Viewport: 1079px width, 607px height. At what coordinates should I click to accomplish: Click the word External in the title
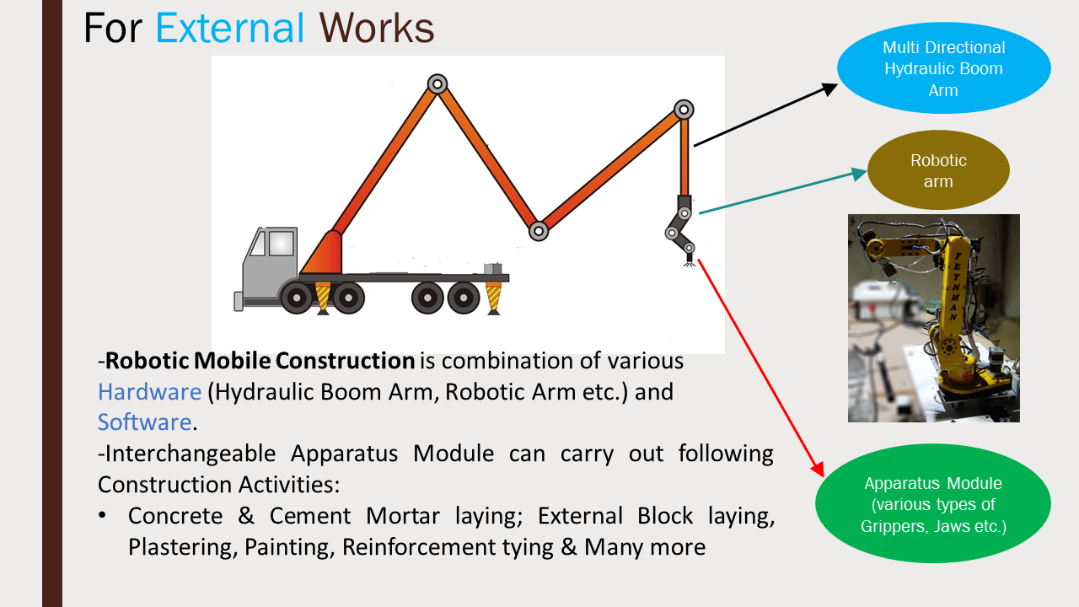pos(230,29)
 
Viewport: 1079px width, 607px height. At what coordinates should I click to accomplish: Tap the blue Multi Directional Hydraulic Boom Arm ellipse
pos(943,68)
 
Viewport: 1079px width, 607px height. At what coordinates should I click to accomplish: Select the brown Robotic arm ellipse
pos(938,170)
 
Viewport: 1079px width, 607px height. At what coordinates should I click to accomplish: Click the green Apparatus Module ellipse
pos(933,503)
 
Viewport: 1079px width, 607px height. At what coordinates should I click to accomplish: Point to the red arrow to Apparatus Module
pos(761,368)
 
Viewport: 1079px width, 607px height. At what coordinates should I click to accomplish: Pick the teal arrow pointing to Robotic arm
pos(783,191)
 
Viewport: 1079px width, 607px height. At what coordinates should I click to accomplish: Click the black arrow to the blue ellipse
pos(765,115)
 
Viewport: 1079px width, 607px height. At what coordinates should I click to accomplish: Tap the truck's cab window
pos(281,243)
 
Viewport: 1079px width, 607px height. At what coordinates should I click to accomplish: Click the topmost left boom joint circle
pos(438,84)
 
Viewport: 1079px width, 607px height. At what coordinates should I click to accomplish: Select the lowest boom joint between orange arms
pos(539,231)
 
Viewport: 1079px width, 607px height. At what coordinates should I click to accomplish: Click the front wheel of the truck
pos(297,298)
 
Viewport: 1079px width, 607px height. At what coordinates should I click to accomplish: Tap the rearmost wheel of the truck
pos(464,298)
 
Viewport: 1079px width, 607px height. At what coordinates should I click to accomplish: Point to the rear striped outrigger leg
pos(493,298)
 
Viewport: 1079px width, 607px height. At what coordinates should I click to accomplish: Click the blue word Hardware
pos(149,392)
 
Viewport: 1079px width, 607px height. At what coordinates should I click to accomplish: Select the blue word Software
pos(144,422)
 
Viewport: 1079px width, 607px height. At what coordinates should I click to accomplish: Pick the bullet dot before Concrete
pos(102,515)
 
